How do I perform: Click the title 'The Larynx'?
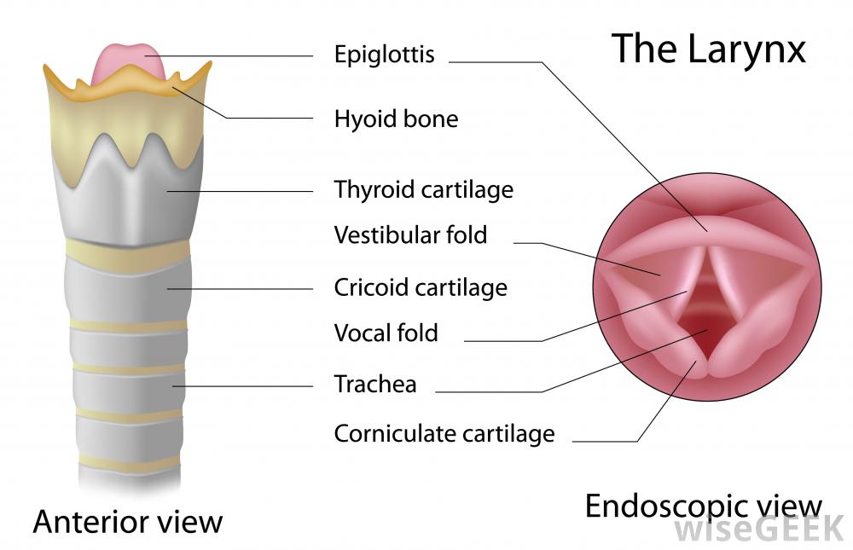pos(708,49)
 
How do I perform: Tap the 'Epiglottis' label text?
pos(384,55)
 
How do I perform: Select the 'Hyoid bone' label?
pos(396,119)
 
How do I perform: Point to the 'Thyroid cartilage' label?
pos(423,189)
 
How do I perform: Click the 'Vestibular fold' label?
pos(410,234)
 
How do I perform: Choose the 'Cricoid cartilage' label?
pos(421,288)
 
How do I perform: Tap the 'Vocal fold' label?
pos(386,333)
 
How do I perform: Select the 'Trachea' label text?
pos(375,385)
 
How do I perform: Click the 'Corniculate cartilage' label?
pos(444,434)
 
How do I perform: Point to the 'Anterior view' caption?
pos(128,521)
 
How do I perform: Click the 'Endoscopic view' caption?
pos(703,507)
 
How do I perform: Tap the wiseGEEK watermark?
pos(760,530)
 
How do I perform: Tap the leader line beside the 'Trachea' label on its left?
pos(247,386)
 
